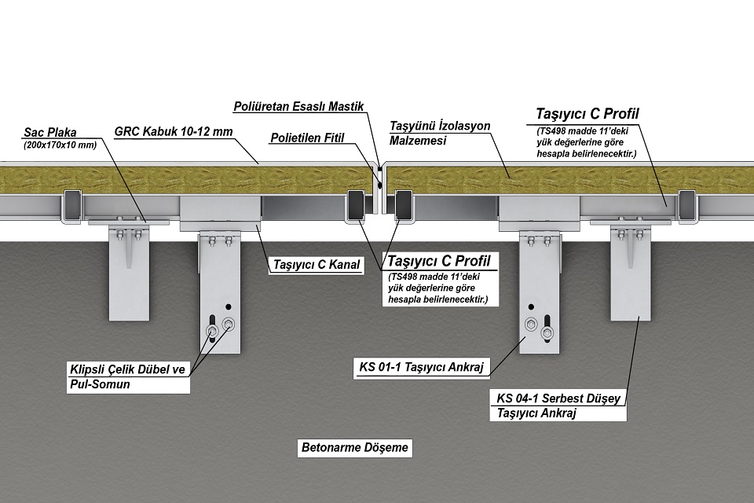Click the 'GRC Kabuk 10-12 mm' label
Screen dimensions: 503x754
click(x=174, y=131)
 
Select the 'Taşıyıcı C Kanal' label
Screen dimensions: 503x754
click(x=315, y=265)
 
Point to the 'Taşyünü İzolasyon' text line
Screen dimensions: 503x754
click(x=440, y=126)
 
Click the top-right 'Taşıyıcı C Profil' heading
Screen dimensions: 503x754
click(x=587, y=114)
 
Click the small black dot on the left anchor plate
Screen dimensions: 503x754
click(x=229, y=306)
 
